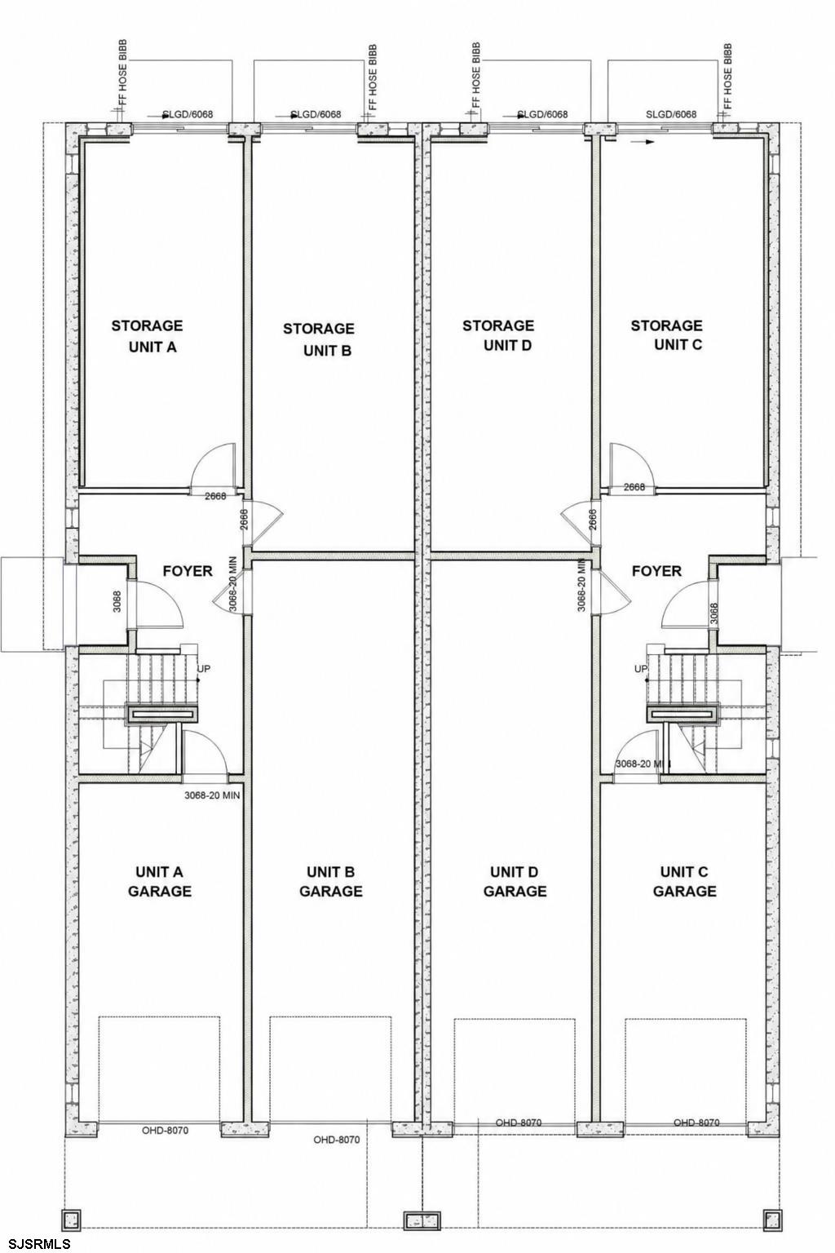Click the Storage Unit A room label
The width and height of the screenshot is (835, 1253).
tap(147, 336)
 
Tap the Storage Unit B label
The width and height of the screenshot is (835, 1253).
tap(319, 339)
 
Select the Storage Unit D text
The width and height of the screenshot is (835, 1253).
tap(498, 335)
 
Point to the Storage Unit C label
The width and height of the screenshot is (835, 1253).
tap(667, 335)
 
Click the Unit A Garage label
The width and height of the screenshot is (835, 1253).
tap(160, 881)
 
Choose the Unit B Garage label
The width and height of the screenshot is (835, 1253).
tap(331, 881)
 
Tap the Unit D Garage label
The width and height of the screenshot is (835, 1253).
tap(515, 881)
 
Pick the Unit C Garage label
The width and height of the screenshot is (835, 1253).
tap(685, 881)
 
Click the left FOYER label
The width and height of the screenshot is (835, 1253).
tap(188, 571)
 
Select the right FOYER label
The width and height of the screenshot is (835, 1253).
tap(657, 571)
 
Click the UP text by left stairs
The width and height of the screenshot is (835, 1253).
tap(204, 669)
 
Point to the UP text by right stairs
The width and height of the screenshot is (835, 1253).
tap(640, 669)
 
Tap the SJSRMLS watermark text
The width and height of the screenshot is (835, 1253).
tap(36, 1244)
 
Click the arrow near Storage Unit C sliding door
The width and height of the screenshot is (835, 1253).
tap(642, 142)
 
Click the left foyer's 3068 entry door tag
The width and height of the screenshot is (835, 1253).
tap(117, 601)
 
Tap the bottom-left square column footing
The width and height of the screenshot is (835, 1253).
tap(71, 1218)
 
